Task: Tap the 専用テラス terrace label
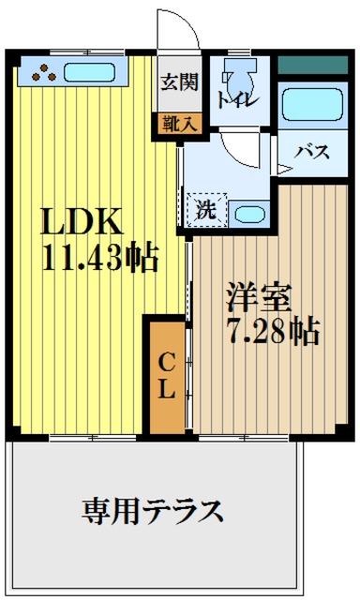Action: pyautogui.click(x=153, y=511)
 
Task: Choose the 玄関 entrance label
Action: pyautogui.click(x=178, y=82)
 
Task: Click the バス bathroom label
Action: pyautogui.click(x=311, y=152)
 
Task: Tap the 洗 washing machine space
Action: pyautogui.click(x=204, y=208)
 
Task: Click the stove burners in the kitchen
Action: pyautogui.click(x=40, y=72)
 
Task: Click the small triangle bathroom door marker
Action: pyautogui.click(x=282, y=169)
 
